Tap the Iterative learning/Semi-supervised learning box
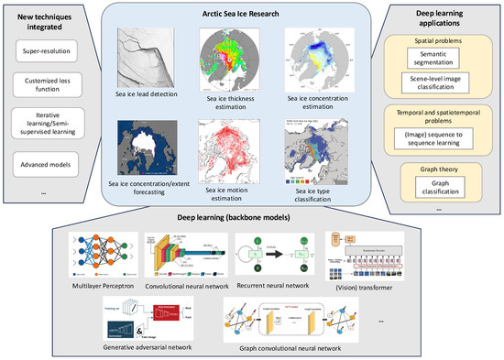(47, 125)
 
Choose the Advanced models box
(47, 164)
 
